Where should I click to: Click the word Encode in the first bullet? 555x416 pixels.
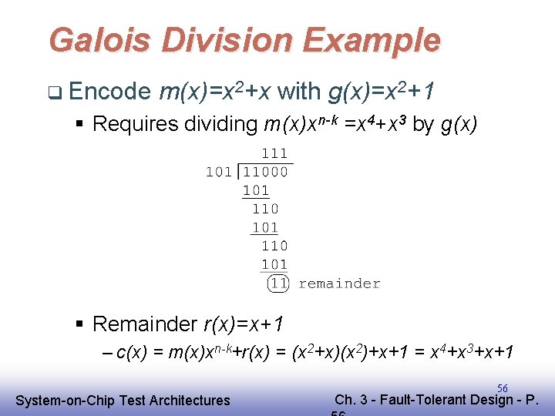109,92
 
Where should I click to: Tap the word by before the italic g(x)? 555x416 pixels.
423,125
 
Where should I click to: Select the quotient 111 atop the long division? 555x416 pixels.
274,154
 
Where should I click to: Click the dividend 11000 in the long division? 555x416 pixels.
266,171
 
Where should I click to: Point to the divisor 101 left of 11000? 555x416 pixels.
219,171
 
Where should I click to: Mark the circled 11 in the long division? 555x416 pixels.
278,283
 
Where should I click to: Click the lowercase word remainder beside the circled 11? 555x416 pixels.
339,283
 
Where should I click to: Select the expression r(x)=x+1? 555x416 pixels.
247,324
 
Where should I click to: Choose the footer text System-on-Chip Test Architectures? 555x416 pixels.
123,400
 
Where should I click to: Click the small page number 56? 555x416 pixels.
502,389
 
